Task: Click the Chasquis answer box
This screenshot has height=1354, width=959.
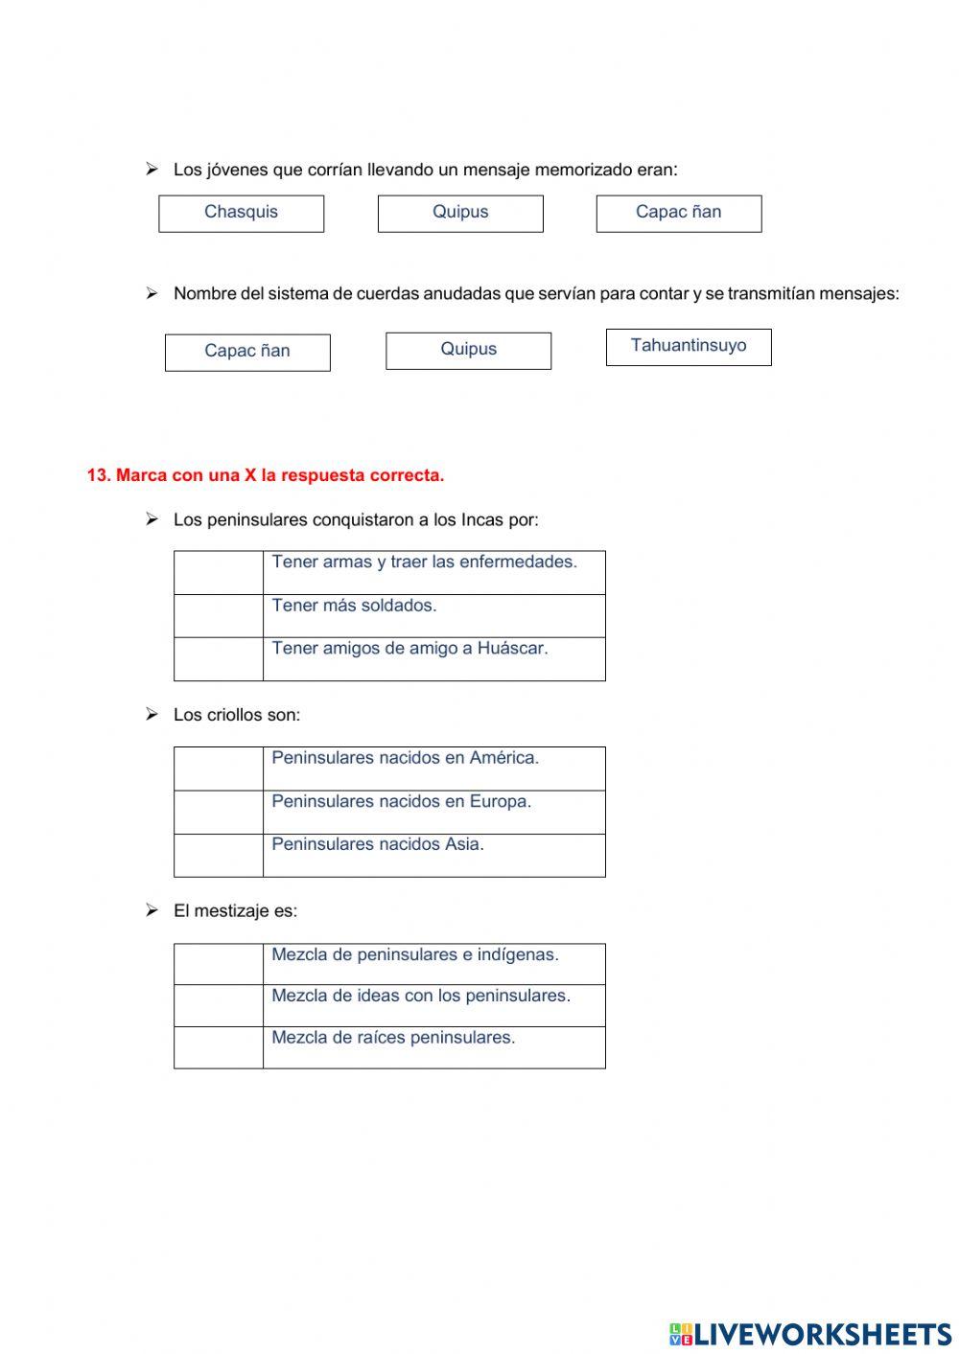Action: point(241,213)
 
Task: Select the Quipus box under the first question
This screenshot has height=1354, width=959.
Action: point(460,213)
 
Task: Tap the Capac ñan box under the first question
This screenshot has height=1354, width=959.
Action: point(678,213)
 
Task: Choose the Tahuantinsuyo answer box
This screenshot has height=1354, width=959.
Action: point(689,346)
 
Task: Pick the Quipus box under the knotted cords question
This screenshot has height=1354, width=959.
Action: point(468,350)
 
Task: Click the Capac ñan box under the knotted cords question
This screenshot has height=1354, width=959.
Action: point(247,352)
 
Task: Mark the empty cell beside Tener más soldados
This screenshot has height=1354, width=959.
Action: point(219,616)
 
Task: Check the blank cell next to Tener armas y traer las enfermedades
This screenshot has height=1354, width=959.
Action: point(219,572)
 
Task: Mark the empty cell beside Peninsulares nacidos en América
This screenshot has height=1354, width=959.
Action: point(219,769)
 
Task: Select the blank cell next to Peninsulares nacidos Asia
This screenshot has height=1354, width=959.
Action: point(219,855)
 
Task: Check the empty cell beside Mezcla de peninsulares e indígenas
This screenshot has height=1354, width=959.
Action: point(219,964)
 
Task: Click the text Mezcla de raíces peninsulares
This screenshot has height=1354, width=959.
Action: point(393,1038)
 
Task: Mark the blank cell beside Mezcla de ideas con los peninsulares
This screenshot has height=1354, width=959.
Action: point(219,1005)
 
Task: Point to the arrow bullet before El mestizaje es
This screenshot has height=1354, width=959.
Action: point(152,910)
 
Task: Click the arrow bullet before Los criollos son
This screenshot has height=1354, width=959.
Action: point(152,714)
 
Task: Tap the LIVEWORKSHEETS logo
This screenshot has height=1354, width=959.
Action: point(810,1334)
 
